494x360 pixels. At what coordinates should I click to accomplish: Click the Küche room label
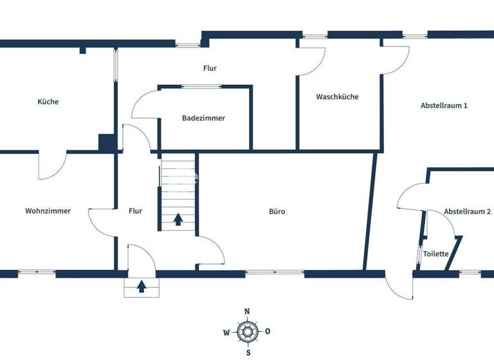coord(48,102)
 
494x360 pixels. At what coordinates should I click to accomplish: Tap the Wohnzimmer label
coord(48,211)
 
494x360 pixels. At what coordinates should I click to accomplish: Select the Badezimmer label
coord(204,118)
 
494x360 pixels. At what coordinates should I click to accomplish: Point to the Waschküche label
coord(337,97)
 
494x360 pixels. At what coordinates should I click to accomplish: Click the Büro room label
coord(277,211)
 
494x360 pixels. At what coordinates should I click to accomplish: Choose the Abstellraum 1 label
coord(444,105)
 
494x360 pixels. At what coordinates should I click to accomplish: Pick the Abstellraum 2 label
coord(468,212)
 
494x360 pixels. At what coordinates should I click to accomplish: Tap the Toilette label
coord(436,254)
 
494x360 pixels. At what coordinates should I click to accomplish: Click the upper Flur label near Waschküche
coord(210,67)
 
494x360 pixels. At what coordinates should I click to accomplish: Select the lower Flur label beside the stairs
coord(135,211)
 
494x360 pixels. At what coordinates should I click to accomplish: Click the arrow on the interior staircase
coord(178,220)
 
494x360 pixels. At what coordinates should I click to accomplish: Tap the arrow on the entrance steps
coord(142,286)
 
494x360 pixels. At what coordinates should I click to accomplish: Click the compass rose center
coord(247,332)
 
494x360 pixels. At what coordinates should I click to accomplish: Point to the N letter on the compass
coord(247,312)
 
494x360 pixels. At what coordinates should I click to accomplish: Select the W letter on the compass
coord(226,333)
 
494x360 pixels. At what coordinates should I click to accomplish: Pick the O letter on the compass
coord(268,332)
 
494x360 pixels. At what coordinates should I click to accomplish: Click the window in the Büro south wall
coord(274,273)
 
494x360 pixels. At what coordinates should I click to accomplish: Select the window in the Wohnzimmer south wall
coord(37,273)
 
